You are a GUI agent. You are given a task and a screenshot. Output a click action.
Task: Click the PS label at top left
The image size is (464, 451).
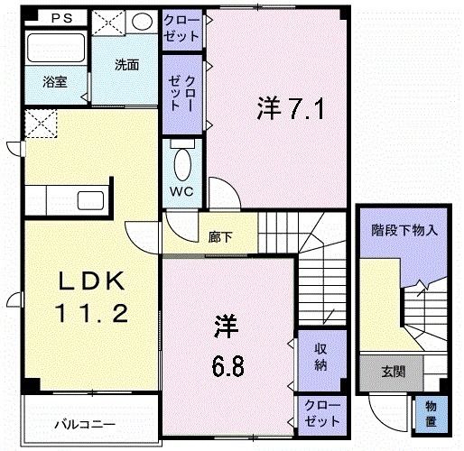[x=62, y=18]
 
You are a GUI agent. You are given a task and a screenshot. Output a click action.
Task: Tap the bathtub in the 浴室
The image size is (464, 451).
[x=56, y=48]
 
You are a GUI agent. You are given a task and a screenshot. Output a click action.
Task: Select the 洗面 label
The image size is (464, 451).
[x=127, y=65]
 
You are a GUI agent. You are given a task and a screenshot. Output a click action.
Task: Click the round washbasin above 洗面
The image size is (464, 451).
[x=142, y=22]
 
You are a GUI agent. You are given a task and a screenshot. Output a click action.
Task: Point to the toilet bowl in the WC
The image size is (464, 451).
[x=182, y=164]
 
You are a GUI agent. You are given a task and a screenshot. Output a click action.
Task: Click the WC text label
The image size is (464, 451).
[x=181, y=191]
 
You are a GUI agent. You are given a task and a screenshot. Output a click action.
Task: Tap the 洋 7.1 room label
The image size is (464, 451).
[x=291, y=109]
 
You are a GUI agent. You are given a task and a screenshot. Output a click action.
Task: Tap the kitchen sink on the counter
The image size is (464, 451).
[x=90, y=200]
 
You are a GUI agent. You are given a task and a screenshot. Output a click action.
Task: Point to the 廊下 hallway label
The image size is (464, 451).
[x=220, y=238]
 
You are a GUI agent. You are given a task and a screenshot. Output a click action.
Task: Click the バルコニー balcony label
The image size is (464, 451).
[x=85, y=425]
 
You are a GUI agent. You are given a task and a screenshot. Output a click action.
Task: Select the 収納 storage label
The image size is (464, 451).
[x=320, y=357]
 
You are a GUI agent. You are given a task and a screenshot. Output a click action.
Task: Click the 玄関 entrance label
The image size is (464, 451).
[x=394, y=372]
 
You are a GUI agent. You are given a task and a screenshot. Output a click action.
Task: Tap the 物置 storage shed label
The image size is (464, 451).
[x=431, y=414]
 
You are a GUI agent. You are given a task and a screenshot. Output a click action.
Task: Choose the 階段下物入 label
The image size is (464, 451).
[x=404, y=231]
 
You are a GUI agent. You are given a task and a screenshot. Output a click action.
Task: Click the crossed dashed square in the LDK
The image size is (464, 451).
[x=41, y=124]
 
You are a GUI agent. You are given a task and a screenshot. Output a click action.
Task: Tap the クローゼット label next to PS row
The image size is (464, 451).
[x=181, y=29]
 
